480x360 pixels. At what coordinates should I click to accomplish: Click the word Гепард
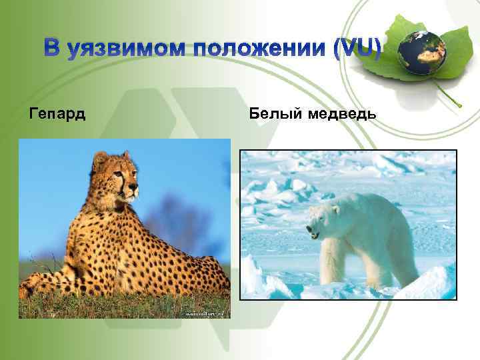click(57, 114)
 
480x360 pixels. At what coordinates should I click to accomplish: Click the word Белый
click(276, 114)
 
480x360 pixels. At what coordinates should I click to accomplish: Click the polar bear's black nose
click(309, 229)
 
